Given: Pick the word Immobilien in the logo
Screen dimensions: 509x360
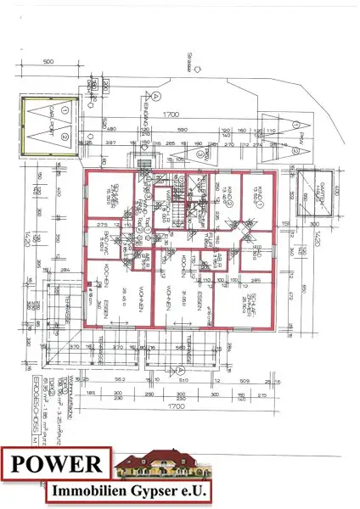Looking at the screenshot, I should click(85, 491).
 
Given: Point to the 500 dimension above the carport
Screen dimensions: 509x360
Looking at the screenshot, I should click(48, 61).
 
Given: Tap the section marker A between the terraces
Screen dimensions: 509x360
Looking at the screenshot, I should click(180, 371).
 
